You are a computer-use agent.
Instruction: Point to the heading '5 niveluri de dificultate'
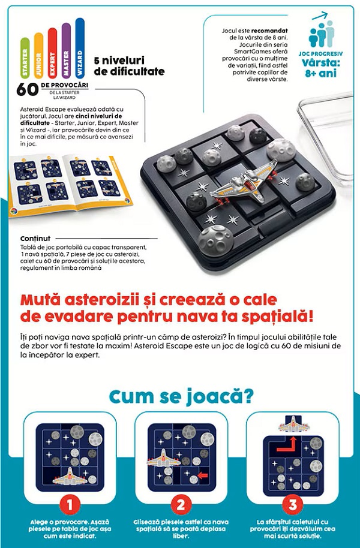click(129, 66)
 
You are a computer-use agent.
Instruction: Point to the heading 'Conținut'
click(35, 237)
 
